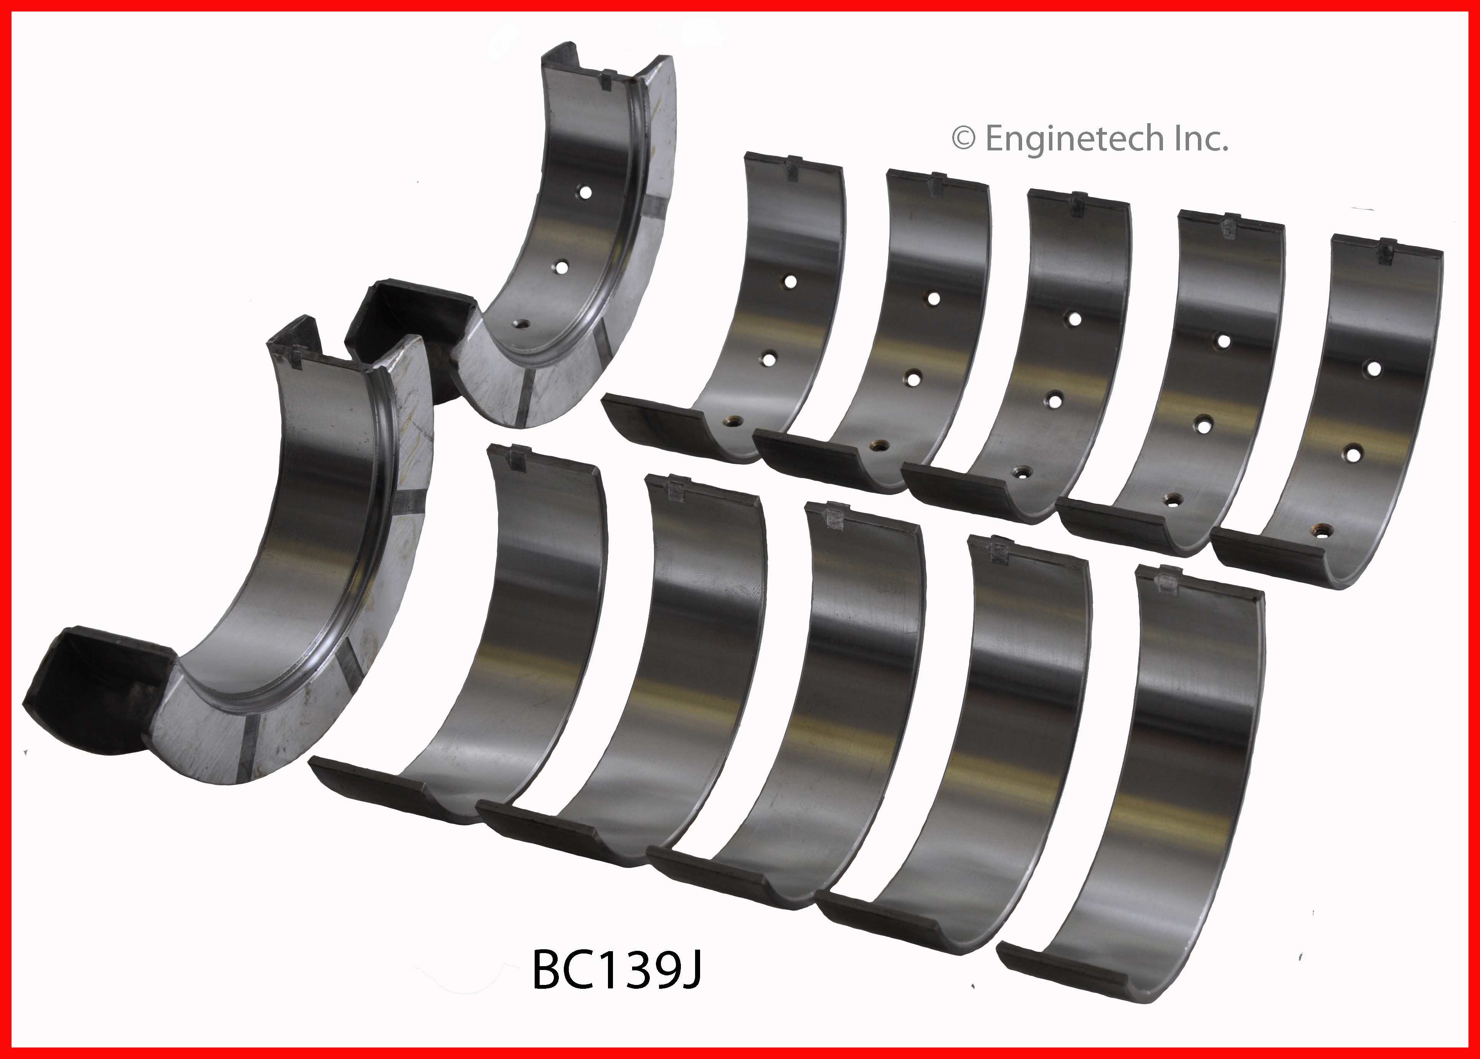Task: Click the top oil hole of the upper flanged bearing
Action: pos(585,192)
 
